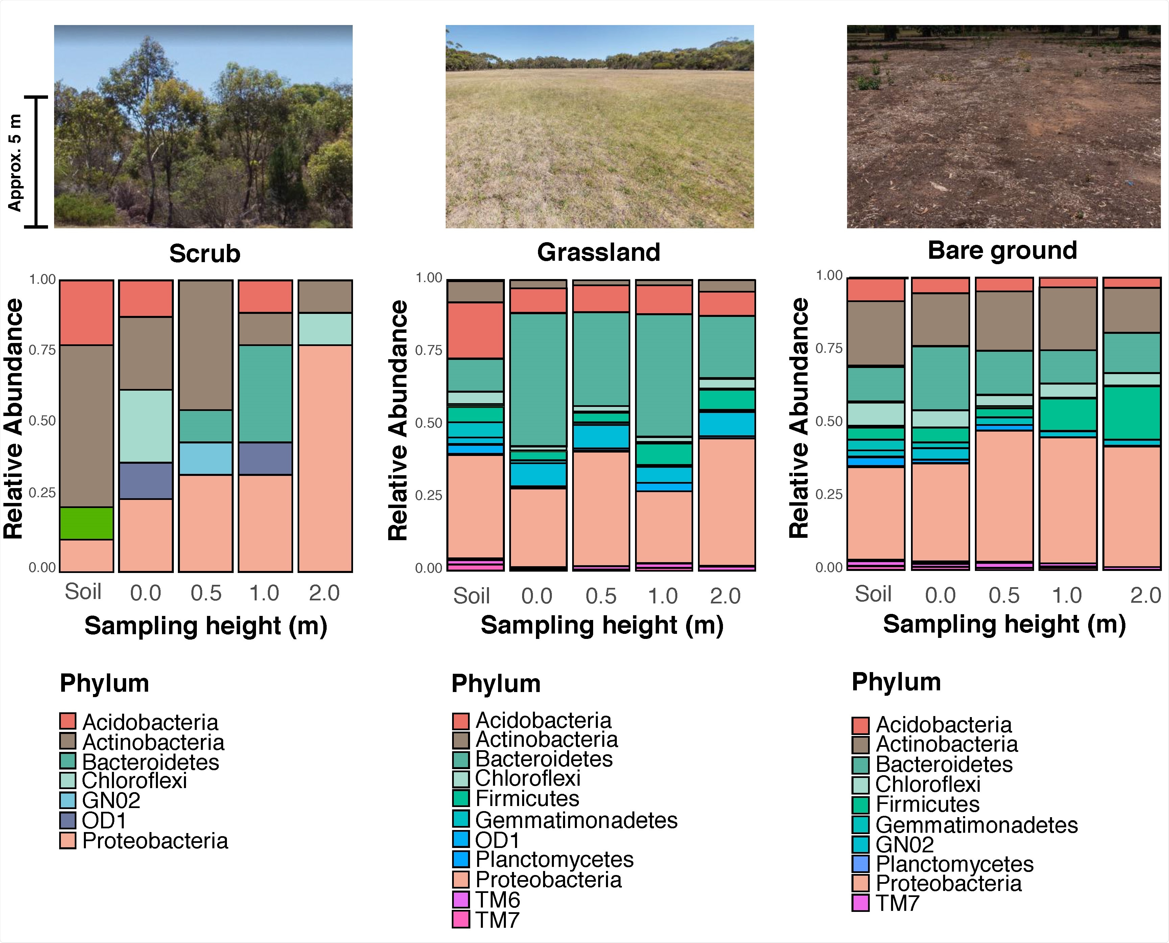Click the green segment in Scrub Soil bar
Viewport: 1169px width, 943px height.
(86, 523)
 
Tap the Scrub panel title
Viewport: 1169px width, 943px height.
(204, 254)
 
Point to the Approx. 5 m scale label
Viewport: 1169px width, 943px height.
(15, 163)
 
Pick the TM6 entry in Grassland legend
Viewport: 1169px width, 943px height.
(497, 900)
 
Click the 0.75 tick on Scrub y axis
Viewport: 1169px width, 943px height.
(42, 350)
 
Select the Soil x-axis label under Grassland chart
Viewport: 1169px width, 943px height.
(471, 596)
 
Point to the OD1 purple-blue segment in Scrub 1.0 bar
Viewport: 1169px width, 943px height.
(265, 458)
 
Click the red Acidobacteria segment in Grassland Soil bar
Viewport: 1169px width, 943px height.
(475, 330)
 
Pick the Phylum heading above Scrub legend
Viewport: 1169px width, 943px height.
(104, 683)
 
